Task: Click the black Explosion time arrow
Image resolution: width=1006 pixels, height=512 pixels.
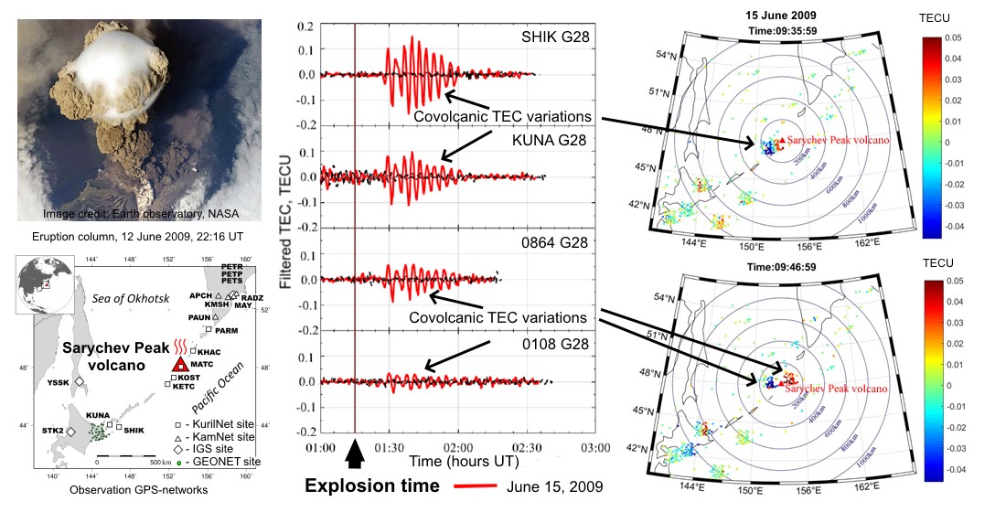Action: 356,453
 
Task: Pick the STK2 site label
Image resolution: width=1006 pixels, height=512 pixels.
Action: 51,431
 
